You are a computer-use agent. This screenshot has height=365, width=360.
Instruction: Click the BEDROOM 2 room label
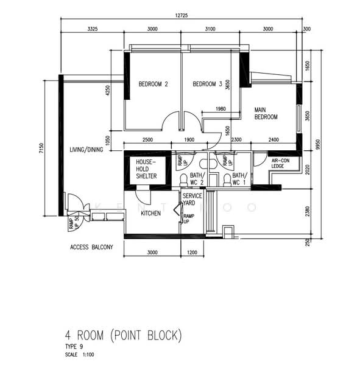pyautogui.click(x=153, y=85)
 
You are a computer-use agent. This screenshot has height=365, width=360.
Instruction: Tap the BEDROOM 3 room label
pyautogui.click(x=207, y=85)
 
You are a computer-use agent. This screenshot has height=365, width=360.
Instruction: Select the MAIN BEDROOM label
pyautogui.click(x=266, y=113)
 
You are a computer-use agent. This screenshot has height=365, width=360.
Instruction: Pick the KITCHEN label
pyautogui.click(x=150, y=214)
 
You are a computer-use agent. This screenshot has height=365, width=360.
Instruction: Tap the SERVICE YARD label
pyautogui.click(x=192, y=200)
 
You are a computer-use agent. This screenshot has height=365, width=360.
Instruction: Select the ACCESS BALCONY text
pyautogui.click(x=91, y=248)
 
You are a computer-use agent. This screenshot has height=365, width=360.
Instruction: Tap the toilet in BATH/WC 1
pyautogui.click(x=227, y=179)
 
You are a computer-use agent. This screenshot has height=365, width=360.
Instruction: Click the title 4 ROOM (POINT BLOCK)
pyautogui.click(x=122, y=335)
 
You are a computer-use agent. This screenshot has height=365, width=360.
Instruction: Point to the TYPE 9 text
pyautogui.click(x=74, y=346)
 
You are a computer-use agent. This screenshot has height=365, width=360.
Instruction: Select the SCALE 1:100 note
pyautogui.click(x=79, y=353)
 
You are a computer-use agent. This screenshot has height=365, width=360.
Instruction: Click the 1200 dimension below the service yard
pyautogui.click(x=192, y=252)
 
